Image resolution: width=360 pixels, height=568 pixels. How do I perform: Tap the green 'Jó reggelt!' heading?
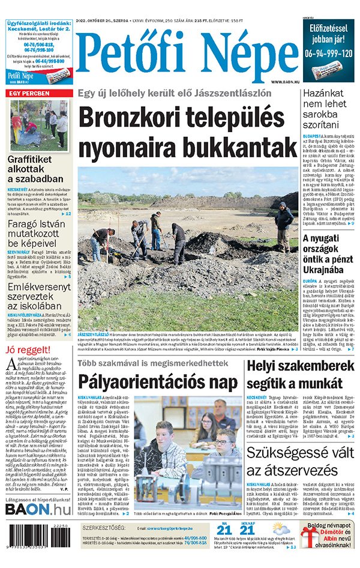click(x=26, y=349)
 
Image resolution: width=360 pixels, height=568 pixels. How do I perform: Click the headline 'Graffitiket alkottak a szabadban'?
click(x=35, y=169)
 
